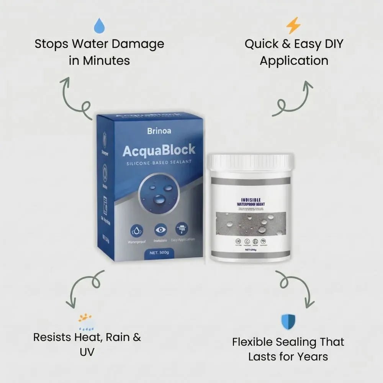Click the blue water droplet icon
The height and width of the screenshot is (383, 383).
click(99, 26)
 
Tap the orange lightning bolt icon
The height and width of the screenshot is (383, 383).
click(294, 26)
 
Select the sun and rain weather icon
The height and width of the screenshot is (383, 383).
click(85, 322)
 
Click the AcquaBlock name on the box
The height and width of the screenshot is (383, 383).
click(159, 151)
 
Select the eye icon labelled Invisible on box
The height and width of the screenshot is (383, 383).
click(160, 230)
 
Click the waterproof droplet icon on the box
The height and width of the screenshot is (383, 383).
click(137, 230)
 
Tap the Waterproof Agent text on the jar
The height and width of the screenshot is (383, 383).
click(250, 204)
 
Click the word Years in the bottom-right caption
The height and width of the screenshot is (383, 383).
click(309, 357)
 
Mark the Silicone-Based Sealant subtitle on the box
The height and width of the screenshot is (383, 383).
click(159, 163)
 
